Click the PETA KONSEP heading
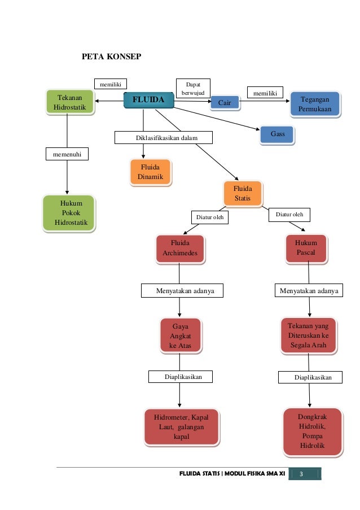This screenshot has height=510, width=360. coord(111,57)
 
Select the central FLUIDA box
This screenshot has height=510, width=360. coord(148,101)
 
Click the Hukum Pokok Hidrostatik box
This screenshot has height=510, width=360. coord(68,213)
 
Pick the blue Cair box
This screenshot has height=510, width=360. coord(224,103)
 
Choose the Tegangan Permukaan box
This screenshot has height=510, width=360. coord(315,104)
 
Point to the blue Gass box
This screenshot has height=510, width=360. coord(277,134)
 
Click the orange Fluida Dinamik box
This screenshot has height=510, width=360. coord(150,172)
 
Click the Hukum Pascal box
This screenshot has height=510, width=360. coord(306,249)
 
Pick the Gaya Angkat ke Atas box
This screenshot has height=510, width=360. coord(179,336)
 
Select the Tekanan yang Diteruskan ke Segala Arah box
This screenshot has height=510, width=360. coord(308,335)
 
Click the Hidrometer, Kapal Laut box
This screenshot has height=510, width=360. coord(181,426)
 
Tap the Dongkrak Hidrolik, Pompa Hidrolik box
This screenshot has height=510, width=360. coord(311,431)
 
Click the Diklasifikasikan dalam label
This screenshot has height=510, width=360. coord(164,137)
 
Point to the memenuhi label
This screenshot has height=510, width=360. coord(67,153)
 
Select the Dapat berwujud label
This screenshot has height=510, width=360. coord(193,88)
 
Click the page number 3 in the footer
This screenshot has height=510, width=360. coord(302,473)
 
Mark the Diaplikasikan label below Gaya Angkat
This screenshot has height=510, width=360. coord(180,377)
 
